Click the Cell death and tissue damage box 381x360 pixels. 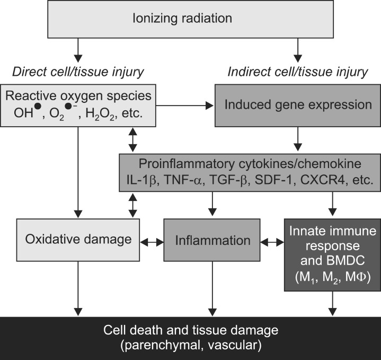[190, 338]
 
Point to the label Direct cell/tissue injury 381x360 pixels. [79, 71]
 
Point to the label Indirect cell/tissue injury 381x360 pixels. [297, 71]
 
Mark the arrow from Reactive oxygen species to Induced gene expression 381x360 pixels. [185, 105]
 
